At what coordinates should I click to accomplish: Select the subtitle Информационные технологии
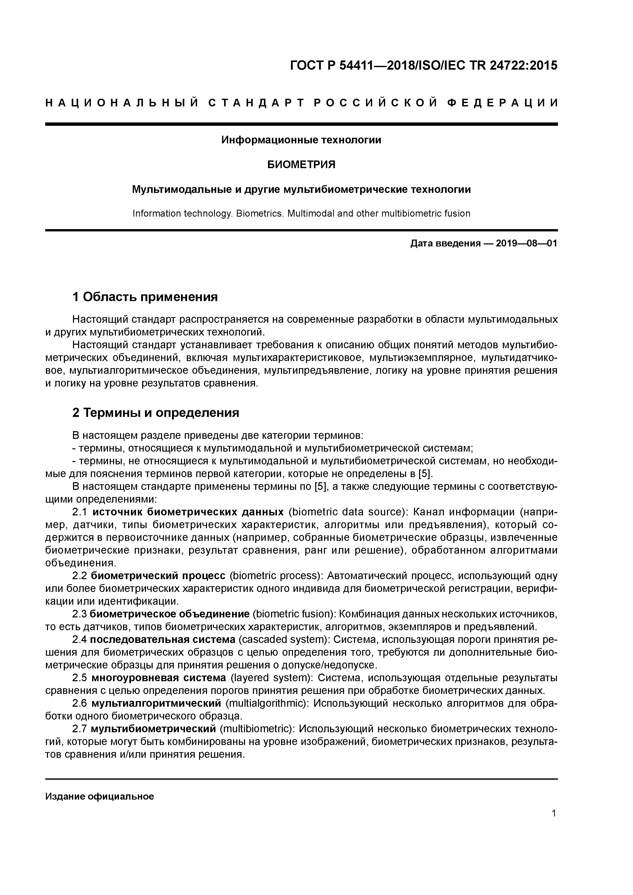coord(301,140)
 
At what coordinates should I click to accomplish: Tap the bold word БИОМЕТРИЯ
coord(301,165)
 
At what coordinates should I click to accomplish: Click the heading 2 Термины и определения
coord(156,412)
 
